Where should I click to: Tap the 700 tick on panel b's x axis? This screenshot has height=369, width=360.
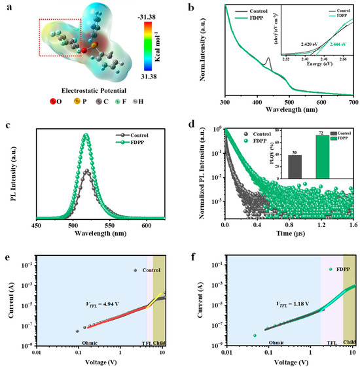click(x=353, y=104)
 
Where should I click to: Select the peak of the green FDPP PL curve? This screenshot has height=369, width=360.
click(x=85, y=135)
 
